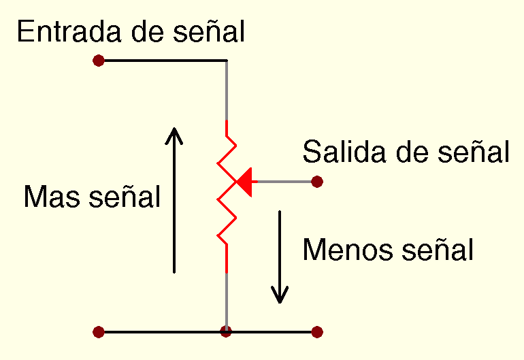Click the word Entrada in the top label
62,32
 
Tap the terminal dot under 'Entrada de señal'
99,61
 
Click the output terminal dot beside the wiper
316,182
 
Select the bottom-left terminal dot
99,332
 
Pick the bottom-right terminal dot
316,332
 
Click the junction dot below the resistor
226,332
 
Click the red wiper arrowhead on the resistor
244,182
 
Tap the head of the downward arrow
280,296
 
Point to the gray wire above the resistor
226,92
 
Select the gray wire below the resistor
226,299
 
